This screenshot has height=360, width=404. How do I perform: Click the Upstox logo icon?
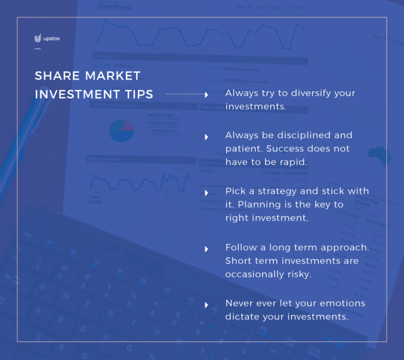[x=38, y=39]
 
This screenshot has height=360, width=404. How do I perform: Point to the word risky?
[x=297, y=274]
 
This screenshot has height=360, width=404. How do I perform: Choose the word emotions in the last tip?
[x=345, y=303]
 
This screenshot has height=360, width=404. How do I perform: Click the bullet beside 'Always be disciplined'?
[x=207, y=136]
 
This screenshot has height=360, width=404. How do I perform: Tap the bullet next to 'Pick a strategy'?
[x=207, y=192]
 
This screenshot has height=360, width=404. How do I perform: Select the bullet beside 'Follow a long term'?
[x=207, y=248]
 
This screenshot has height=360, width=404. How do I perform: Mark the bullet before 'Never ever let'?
[x=207, y=305]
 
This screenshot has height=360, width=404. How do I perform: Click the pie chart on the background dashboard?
[x=121, y=131]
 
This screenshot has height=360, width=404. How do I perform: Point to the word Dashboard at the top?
[x=114, y=7]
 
